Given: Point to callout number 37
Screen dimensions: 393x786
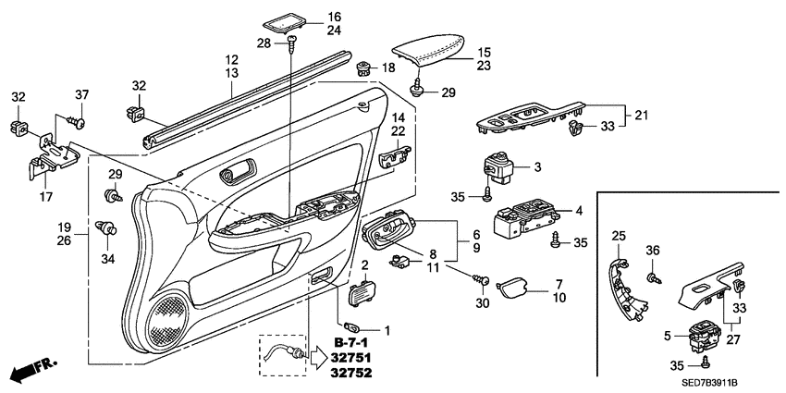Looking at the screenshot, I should click(x=81, y=97).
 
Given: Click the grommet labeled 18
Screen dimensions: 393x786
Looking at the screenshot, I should click(x=365, y=67).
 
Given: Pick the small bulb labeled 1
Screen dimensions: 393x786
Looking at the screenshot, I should click(x=352, y=327).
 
